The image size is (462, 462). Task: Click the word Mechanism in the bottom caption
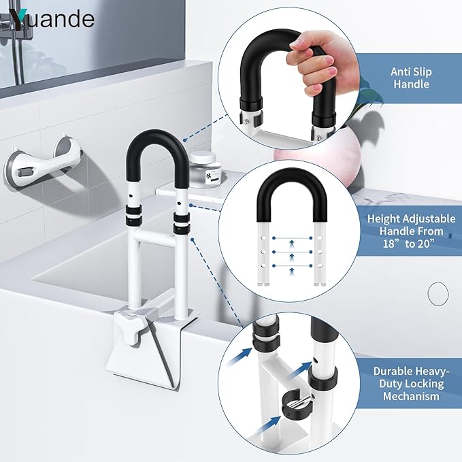click(x=410, y=395)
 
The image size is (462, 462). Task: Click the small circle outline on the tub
click(x=438, y=295)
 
